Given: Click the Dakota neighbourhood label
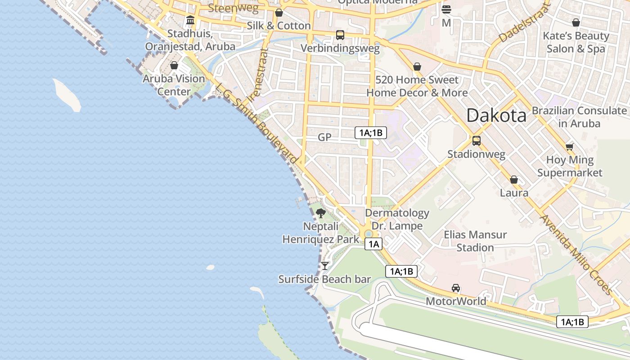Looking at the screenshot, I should [496, 116].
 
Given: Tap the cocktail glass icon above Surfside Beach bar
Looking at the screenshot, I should [324, 266].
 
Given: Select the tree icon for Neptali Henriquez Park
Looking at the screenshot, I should [320, 213].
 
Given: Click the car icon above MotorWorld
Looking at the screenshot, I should [456, 288].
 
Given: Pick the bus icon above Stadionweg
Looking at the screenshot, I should [476, 140].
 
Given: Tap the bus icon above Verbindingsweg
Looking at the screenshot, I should [340, 35].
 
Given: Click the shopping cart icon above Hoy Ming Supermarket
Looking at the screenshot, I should [569, 147].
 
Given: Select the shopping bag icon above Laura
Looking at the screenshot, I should [514, 180].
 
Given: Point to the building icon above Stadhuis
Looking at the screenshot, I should [190, 20].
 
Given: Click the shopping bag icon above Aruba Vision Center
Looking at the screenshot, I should [174, 66].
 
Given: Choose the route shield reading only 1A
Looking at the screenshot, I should [373, 244].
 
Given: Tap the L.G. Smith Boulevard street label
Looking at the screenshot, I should [256, 124].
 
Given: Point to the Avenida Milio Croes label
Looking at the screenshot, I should [576, 255].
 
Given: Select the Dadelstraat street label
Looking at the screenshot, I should [525, 23].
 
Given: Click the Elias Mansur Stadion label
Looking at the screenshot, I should [475, 241].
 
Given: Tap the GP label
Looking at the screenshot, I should [324, 137].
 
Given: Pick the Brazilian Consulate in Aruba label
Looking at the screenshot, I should [579, 117].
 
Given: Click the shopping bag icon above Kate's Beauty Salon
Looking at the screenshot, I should [576, 22].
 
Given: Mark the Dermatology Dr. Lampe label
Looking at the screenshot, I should [397, 219].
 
